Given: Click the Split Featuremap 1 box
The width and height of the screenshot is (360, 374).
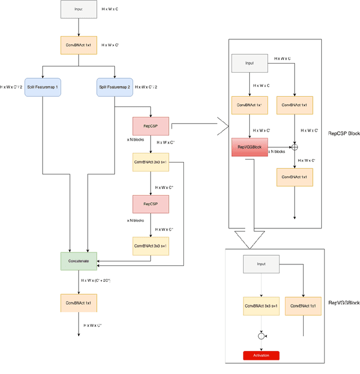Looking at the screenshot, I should pos(42,88).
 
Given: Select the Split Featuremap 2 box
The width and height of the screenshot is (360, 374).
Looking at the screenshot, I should pos(114,88).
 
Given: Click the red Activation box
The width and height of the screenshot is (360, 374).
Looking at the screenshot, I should pos(260,355).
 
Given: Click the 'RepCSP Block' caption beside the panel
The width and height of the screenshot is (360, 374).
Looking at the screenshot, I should pos(344,133).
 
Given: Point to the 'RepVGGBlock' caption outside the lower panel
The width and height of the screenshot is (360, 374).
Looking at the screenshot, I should pos(344,303).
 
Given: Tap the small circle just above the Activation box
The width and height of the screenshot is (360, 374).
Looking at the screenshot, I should pos(261,336).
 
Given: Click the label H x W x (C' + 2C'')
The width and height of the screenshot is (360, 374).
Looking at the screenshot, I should pos(96,280).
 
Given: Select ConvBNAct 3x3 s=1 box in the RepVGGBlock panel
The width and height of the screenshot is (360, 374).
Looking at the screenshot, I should pos(261,306).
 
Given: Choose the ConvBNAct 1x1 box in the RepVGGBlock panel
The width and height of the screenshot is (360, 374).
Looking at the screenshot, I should pos(303,306).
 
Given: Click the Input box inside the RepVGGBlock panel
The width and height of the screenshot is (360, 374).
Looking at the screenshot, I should pos(261,264).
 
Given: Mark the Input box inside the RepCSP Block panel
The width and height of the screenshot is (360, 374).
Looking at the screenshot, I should pos(250,63).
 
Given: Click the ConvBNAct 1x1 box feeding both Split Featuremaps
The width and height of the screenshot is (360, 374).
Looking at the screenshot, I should pos(78,44).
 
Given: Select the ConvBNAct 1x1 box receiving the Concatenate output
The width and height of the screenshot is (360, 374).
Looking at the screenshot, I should pos(78,303).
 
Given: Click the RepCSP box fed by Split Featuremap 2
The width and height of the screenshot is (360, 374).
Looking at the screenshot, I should pos(150,126).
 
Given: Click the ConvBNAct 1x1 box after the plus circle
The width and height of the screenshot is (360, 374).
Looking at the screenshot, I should pos(295,177).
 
